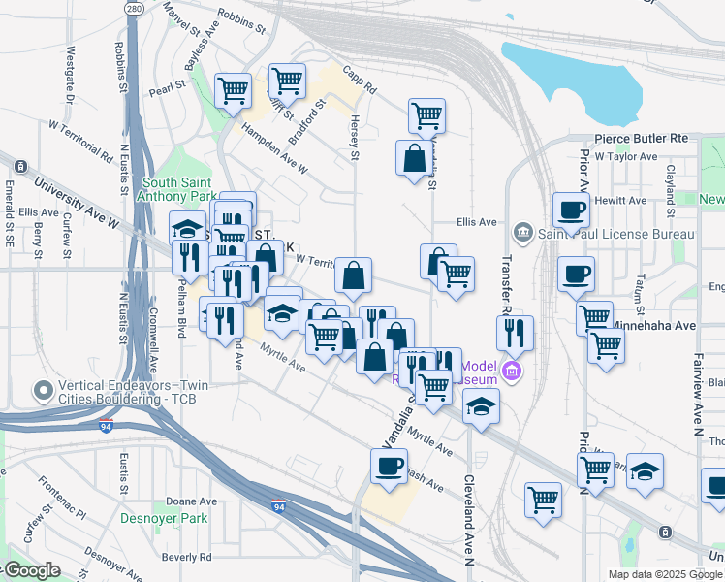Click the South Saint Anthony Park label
point(179,189)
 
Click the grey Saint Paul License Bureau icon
point(523,232)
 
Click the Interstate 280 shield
point(135,9)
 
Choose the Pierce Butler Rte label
point(641,139)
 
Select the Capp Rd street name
point(359,86)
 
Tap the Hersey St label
point(355,141)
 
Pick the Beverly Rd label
point(186,557)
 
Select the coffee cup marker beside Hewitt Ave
point(571,209)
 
